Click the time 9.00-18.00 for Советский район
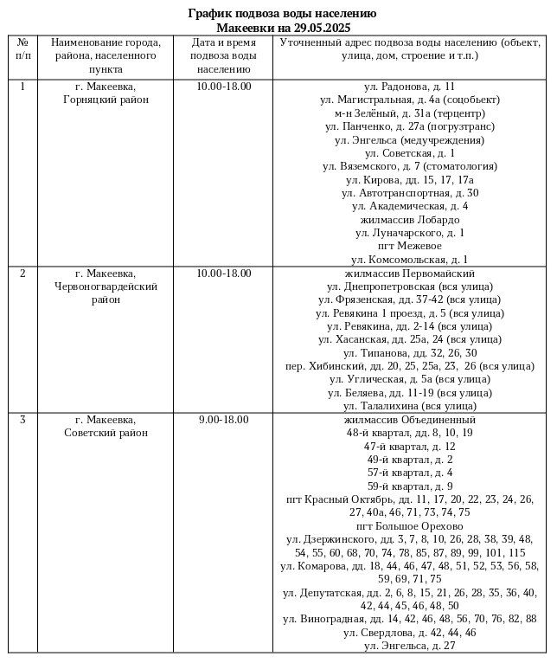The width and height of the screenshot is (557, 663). [223, 420]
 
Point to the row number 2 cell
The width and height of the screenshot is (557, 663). [22, 274]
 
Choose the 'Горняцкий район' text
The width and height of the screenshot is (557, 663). [106, 100]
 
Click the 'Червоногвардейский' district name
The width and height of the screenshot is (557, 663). [106, 286]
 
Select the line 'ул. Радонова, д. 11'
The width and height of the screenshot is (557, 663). [410, 87]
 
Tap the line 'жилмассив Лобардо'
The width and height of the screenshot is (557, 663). [410, 219]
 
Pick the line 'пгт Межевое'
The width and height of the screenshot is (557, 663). [410, 246]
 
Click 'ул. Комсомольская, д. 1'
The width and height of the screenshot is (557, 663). [410, 259]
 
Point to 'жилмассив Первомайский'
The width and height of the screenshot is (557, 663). [410, 274]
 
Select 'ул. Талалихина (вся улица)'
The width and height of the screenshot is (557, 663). [410, 405]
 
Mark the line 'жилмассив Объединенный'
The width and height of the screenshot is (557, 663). [410, 420]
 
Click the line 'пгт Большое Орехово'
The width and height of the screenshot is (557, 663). [410, 526]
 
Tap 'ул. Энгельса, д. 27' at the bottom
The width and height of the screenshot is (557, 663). [410, 646]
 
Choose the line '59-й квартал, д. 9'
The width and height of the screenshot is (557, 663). [410, 486]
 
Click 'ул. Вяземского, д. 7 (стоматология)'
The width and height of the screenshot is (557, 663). [410, 166]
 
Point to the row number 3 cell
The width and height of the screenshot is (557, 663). [22, 420]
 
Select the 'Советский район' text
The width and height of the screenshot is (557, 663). [106, 433]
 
